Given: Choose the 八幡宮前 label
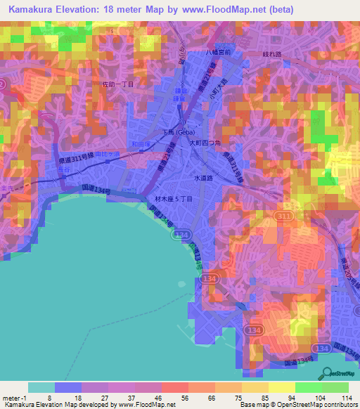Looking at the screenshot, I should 219,53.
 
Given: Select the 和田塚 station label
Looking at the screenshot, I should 138,147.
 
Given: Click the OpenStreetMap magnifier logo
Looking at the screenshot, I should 328,372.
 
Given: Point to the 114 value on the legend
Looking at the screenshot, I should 347,397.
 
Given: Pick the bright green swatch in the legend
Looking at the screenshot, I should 309,387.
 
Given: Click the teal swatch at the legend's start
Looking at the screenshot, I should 41,387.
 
